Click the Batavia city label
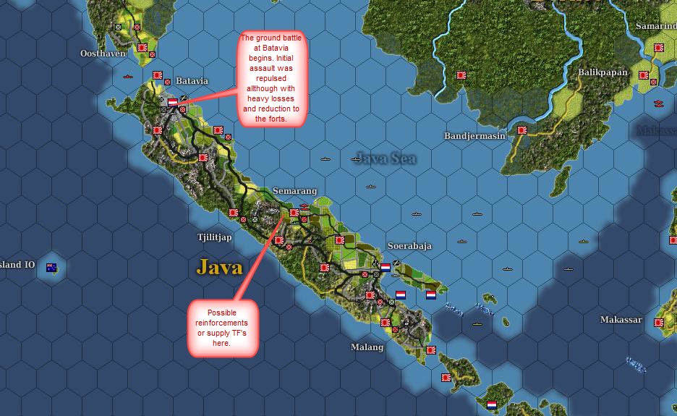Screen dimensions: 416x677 (x=192, y=81)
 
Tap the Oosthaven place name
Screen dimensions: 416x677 (x=103, y=54)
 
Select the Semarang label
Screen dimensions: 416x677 (x=294, y=191)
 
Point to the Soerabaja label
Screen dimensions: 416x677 (x=409, y=246)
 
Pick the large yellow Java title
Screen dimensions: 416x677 (x=219, y=267)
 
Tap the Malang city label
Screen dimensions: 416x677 (x=367, y=347)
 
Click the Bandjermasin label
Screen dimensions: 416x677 (x=474, y=136)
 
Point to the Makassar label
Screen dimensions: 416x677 (x=621, y=320)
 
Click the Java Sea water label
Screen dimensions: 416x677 (x=385, y=158)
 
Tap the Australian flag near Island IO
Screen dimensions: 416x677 (x=52, y=268)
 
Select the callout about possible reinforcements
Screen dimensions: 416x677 (x=223, y=327)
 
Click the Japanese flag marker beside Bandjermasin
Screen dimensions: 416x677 (x=522, y=131)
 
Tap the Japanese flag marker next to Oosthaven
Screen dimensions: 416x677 (x=142, y=48)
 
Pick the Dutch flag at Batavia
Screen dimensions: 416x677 (x=173, y=103)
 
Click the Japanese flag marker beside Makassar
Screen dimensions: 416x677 (x=660, y=323)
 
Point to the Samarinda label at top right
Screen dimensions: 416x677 (x=656, y=26)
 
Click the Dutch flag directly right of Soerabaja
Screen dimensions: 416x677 (x=386, y=267)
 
